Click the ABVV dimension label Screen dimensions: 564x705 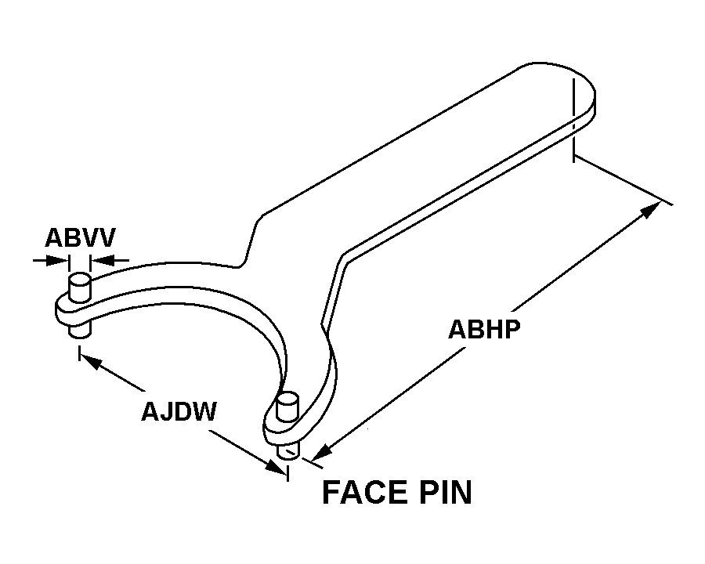coord(80,237)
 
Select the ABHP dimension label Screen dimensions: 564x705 coord(484,329)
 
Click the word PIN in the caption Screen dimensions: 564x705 coord(446,493)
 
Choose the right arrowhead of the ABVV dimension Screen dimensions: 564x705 coord(100,259)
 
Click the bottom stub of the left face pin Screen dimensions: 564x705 coord(80,331)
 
